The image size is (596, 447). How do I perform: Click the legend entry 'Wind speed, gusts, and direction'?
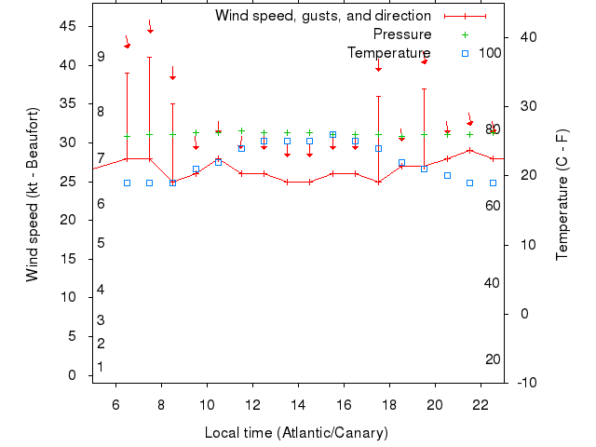(x=322, y=16)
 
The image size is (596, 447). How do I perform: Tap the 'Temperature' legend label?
(x=388, y=53)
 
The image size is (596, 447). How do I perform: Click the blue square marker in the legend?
(x=465, y=53)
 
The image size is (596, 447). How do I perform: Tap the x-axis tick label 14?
(x=298, y=405)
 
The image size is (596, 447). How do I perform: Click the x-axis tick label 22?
(x=481, y=405)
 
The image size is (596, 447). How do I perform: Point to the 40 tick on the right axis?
(x=523, y=37)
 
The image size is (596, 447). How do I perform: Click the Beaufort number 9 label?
(x=101, y=57)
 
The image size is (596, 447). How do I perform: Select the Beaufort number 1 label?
(x=101, y=367)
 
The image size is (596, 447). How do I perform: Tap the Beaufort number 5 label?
(x=101, y=243)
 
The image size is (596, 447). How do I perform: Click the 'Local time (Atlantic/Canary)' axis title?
(x=296, y=433)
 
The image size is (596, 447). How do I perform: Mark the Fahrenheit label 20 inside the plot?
(x=493, y=359)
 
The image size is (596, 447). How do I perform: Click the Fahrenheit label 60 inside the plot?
(x=493, y=205)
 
